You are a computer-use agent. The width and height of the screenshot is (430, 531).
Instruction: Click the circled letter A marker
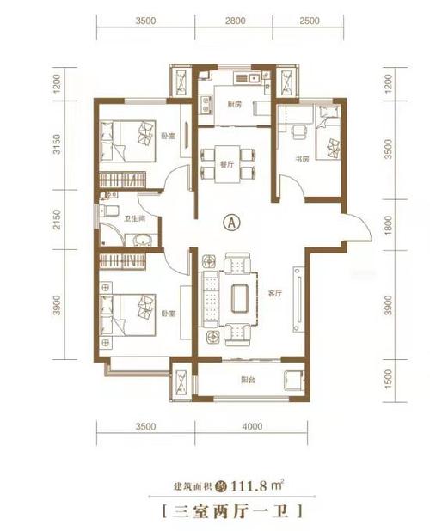tap(232, 223)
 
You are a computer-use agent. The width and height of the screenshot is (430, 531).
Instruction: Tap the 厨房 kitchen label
tap(234, 104)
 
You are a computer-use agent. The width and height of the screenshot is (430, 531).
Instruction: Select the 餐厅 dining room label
tap(227, 165)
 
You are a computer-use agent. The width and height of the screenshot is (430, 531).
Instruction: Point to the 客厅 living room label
tap(275, 294)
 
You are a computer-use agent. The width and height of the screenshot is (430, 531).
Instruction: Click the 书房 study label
tap(302, 159)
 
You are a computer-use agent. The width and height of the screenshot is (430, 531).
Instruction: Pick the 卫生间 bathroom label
tap(135, 219)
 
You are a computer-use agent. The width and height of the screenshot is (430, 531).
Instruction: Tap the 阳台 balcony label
tap(248, 380)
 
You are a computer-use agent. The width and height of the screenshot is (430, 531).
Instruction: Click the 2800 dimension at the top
tap(235, 21)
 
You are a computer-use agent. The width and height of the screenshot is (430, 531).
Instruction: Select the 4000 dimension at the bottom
tap(252, 426)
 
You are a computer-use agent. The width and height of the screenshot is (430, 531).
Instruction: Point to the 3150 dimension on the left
tap(58, 144)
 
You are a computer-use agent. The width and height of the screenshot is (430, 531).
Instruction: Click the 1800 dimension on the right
tap(389, 225)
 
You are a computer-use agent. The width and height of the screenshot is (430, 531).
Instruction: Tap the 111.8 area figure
tap(248, 486)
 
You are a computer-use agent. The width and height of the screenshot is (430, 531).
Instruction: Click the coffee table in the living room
tap(240, 298)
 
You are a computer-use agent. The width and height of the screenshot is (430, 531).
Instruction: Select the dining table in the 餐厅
tap(227, 164)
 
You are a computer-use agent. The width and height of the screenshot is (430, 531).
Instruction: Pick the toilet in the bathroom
tap(109, 211)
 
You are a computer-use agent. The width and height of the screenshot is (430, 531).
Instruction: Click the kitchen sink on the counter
tap(254, 78)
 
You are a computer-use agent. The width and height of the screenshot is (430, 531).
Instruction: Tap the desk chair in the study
tap(299, 131)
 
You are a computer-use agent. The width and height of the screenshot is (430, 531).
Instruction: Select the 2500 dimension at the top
tap(310, 21)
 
